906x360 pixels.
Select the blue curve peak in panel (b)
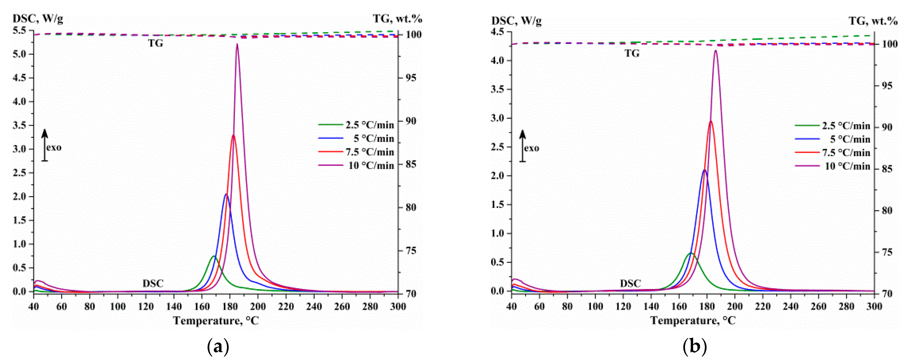(704, 170)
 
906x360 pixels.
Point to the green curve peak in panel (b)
(691, 253)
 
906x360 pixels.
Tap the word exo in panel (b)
(531, 148)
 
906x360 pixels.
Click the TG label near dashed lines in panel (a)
(155, 43)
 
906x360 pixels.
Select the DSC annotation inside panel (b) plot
(630, 283)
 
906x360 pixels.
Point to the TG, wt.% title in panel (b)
(873, 21)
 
